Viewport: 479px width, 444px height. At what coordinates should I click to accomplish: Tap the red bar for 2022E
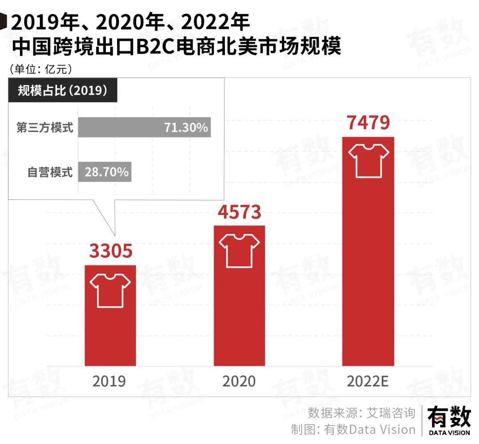tap(368, 266)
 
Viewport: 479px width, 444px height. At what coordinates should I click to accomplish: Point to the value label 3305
tap(110, 251)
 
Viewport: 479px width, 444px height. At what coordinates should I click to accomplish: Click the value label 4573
tap(239, 212)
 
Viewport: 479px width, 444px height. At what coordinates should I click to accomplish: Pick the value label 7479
tap(368, 123)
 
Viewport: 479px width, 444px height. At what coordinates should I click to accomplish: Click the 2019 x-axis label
tap(109, 382)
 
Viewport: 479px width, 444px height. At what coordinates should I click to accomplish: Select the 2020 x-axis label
tap(239, 382)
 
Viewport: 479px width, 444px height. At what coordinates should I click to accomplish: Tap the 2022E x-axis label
tap(368, 382)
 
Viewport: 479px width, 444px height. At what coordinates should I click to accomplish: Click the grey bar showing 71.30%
tap(144, 128)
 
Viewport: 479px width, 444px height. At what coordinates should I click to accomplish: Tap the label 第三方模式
tap(45, 128)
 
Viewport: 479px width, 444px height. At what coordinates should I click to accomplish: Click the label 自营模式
tap(50, 172)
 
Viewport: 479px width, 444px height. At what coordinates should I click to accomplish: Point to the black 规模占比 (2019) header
tap(63, 91)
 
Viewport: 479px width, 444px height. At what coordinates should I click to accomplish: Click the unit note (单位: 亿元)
tap(40, 69)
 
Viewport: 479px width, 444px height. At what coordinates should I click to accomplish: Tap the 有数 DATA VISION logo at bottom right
tap(449, 421)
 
